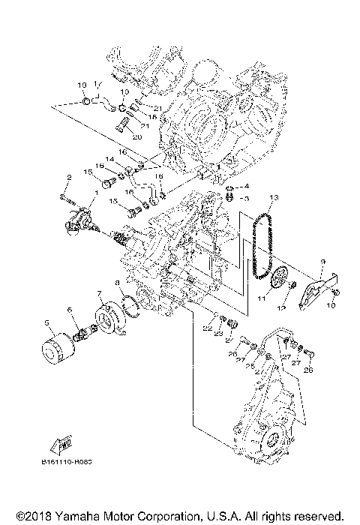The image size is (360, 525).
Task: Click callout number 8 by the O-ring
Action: tap(117, 283)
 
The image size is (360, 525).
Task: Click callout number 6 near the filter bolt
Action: tap(70, 310)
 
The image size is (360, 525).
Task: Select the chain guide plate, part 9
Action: tap(310, 289)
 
